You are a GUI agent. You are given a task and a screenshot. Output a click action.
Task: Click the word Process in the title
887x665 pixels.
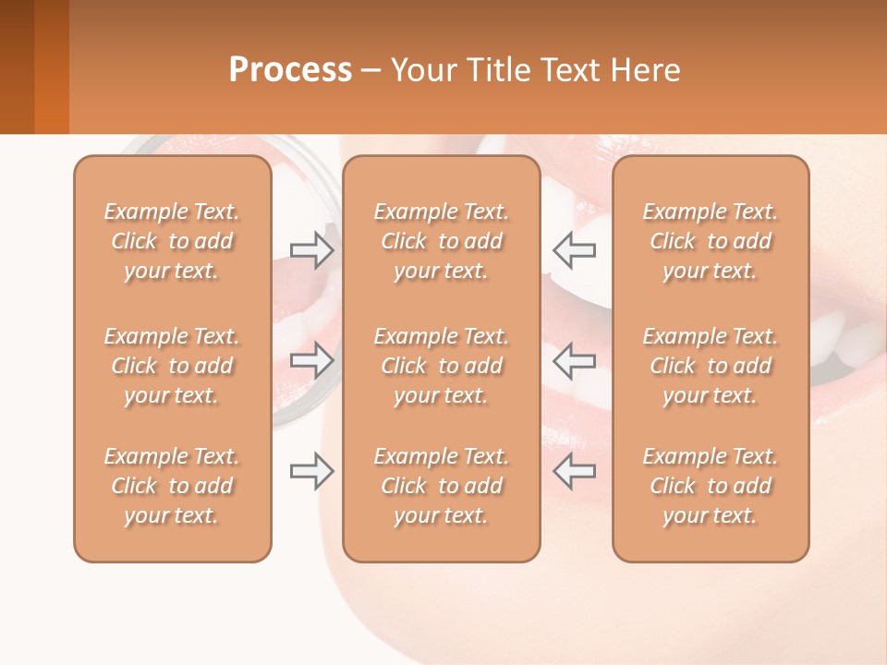290,70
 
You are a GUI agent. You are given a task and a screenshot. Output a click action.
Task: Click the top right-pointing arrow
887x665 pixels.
312,249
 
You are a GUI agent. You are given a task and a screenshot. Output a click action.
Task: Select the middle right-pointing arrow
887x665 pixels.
312,360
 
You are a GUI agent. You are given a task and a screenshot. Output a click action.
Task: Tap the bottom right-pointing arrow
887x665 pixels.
312,471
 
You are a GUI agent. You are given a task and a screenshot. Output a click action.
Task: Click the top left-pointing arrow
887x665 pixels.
574,249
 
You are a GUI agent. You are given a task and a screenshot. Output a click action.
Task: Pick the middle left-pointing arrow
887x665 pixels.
574,360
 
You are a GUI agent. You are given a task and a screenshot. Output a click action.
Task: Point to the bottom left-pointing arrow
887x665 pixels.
574,471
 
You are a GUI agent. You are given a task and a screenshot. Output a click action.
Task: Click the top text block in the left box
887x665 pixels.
172,241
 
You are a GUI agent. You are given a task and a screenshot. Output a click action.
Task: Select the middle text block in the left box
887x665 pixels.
172,366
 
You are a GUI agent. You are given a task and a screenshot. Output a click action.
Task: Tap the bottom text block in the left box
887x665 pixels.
172,486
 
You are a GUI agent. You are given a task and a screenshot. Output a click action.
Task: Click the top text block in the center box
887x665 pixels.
442,241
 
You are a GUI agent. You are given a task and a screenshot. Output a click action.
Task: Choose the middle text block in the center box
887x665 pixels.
442,366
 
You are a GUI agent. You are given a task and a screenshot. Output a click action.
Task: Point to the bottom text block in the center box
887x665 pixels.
442,486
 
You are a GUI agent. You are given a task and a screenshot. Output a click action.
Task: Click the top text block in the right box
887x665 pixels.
711,241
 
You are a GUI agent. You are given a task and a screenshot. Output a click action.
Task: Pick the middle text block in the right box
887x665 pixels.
711,366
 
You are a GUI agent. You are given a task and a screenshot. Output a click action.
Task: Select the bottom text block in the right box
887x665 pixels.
711,486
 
